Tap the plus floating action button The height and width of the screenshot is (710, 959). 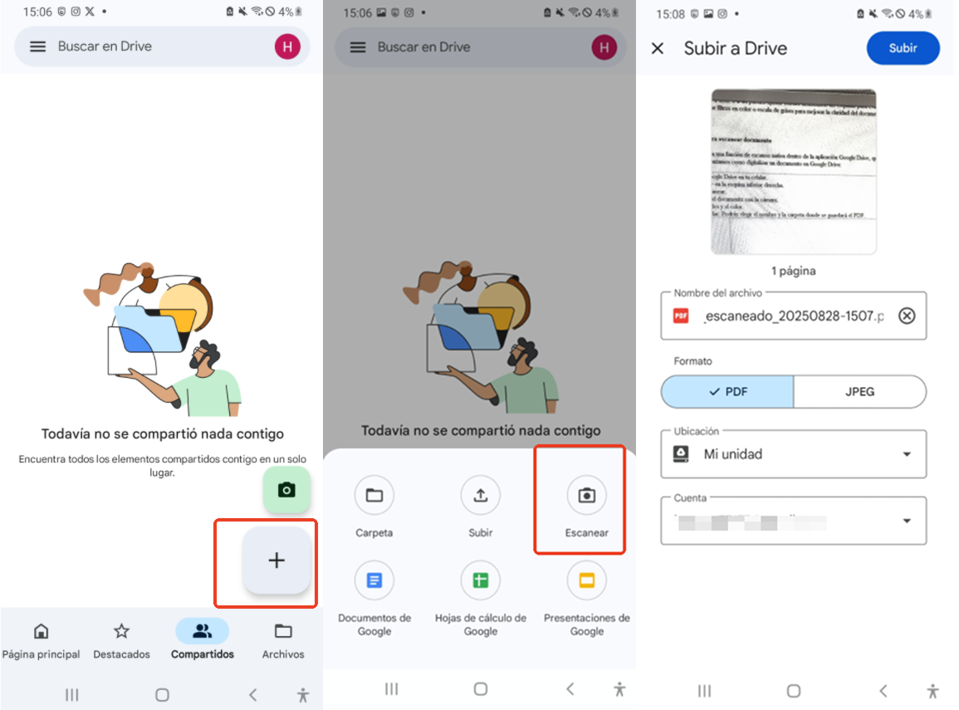click(276, 561)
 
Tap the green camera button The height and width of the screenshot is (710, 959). click(286, 490)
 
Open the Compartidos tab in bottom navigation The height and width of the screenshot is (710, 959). click(202, 632)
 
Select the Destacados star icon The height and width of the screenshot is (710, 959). click(121, 631)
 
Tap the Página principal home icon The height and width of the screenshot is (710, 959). click(41, 631)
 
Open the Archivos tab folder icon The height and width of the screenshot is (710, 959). click(283, 631)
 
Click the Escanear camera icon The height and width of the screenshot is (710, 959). click(586, 496)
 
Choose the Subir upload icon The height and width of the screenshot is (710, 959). click(480, 496)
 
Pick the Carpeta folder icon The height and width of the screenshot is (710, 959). click(374, 496)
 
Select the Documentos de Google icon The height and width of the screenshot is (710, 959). click(374, 580)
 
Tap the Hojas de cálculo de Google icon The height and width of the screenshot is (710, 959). click(480, 580)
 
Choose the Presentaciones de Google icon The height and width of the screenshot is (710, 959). click(586, 580)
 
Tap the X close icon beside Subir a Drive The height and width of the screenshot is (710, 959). click(658, 48)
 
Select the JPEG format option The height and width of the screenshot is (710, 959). click(859, 391)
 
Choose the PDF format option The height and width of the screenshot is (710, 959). click(727, 391)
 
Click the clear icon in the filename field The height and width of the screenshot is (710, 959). click(907, 316)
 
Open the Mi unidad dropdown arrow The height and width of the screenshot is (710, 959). click(907, 454)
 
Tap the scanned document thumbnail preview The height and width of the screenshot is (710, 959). click(794, 171)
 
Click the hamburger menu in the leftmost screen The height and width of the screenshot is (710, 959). click(37, 47)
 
